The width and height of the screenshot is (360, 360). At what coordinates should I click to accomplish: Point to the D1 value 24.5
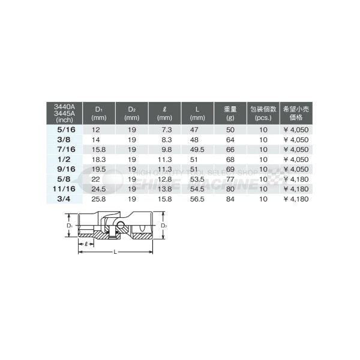pyautogui.click(x=98, y=188)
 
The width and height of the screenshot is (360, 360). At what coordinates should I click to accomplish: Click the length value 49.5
pyautogui.click(x=199, y=149)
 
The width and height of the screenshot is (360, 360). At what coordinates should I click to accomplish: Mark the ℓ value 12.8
pyautogui.click(x=166, y=178)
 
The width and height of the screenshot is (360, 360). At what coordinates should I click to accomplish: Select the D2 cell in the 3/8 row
pyautogui.click(x=132, y=139)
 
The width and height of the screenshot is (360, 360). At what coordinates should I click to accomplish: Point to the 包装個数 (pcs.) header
pyautogui.click(x=264, y=113)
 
